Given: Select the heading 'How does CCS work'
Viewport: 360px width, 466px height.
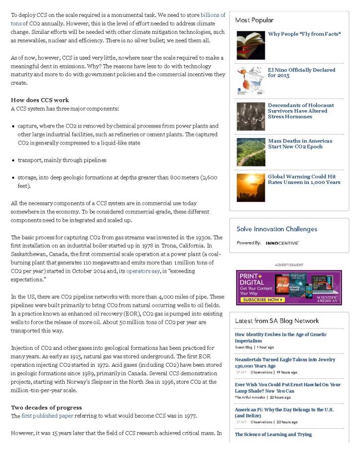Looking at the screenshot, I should click(40, 100).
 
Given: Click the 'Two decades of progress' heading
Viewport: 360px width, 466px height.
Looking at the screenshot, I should click(46, 408).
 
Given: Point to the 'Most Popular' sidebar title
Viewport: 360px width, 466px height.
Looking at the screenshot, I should click(254, 20).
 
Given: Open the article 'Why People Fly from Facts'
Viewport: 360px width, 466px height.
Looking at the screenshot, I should click(304, 34).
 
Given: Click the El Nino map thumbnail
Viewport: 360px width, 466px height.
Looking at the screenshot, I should click(250, 81).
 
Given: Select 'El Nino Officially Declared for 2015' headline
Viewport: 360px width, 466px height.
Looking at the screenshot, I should click(301, 73).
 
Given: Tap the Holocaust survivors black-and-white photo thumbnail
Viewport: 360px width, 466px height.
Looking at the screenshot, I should click(250, 116).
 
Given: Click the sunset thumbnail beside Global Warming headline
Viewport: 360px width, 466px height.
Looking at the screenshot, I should click(250, 187).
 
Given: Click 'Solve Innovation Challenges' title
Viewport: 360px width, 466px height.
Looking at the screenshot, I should click(276, 229).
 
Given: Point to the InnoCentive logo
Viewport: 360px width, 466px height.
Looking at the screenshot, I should click(282, 243).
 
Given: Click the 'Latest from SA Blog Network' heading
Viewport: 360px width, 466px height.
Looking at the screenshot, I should click(277, 321).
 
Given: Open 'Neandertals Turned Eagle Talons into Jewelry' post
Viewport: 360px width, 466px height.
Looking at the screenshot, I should click(285, 362).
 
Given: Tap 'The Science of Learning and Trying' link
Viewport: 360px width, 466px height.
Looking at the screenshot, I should click(273, 435).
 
